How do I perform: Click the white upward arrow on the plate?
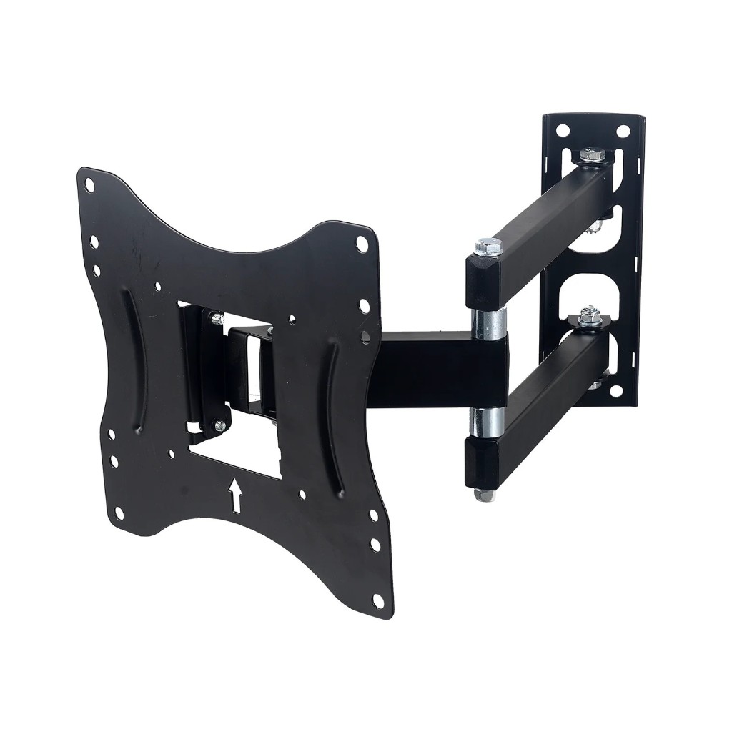[x=235, y=495]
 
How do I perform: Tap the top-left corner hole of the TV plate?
[x=89, y=185]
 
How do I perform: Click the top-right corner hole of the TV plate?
[x=362, y=245]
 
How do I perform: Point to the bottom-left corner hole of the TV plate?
[x=119, y=513]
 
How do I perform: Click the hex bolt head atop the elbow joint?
[x=488, y=247]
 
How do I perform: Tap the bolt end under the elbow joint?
[x=484, y=494]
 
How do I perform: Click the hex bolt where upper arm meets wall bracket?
[x=590, y=155]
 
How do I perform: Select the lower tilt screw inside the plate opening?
[x=219, y=426]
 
